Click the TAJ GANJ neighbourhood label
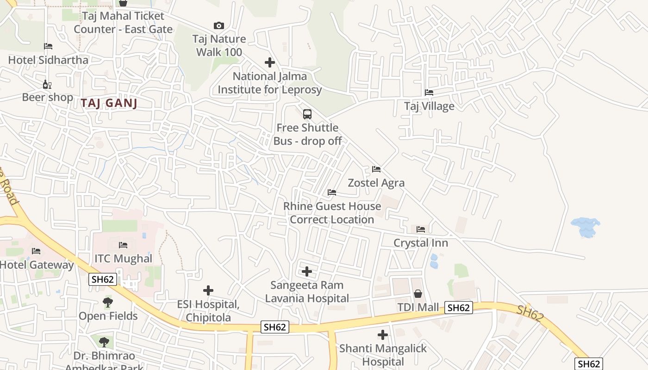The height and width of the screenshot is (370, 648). [109, 103]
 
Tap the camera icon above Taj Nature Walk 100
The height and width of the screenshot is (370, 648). [219, 25]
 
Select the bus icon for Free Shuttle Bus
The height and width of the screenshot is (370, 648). [307, 114]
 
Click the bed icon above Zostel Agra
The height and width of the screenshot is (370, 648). [376, 169]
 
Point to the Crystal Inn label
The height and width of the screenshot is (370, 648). [421, 243]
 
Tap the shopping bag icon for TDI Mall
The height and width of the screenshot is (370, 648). [418, 294]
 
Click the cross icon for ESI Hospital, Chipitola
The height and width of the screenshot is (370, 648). [208, 290]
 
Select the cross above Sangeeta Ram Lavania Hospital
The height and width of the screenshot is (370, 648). [307, 271]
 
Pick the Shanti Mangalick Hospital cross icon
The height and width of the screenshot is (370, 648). [383, 335]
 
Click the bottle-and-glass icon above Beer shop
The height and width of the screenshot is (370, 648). [47, 84]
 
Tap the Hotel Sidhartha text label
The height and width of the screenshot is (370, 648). [48, 60]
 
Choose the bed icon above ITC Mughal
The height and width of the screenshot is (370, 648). [123, 245]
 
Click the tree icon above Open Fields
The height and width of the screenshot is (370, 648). [108, 302]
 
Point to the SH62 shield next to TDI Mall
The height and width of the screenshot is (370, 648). [459, 308]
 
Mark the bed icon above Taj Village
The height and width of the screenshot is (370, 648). [429, 92]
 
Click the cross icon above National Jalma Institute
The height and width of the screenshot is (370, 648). [270, 62]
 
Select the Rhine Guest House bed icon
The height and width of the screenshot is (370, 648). [332, 192]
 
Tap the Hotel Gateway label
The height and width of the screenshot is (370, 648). [37, 265]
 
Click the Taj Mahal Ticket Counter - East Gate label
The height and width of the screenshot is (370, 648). [123, 23]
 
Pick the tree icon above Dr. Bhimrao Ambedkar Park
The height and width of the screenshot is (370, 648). [105, 342]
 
